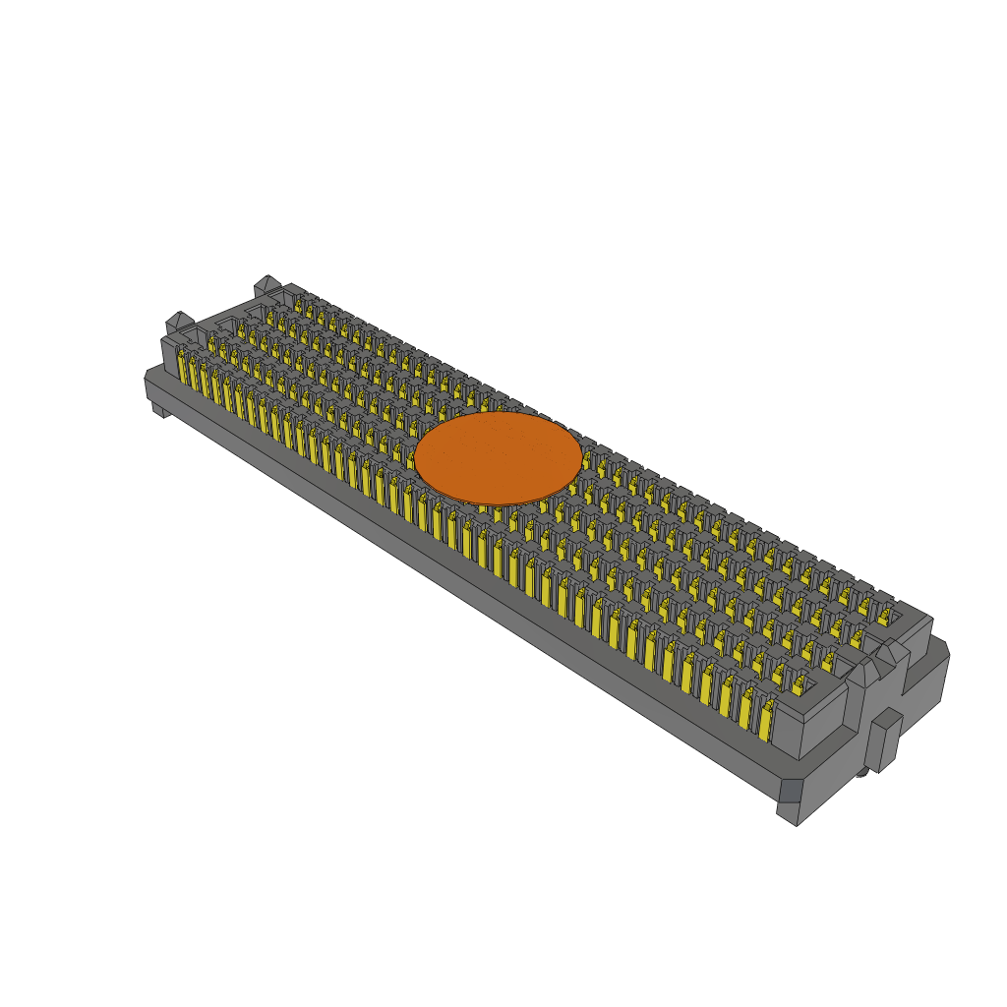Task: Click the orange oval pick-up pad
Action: coord(498,457)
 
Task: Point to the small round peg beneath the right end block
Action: coord(862,773)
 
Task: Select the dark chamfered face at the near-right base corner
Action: coord(791,791)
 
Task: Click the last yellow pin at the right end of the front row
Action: coord(765,723)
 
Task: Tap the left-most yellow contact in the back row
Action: coord(298,305)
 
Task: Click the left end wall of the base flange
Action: coord(151,387)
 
